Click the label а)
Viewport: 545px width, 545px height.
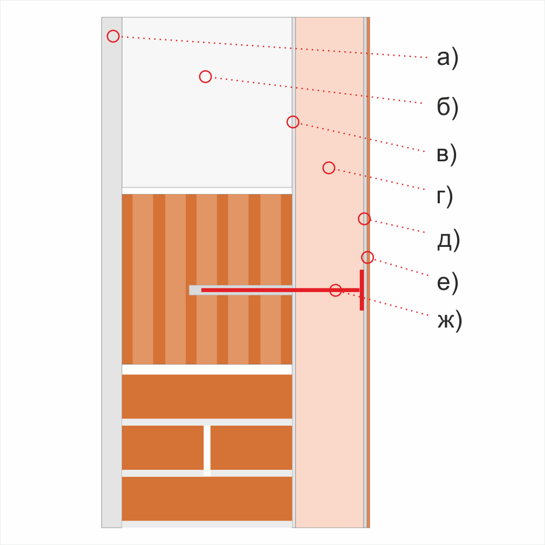tap(447, 58)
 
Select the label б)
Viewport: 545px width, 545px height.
tap(447, 107)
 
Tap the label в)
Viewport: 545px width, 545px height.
tap(447, 154)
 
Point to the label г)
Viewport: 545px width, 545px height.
tap(445, 196)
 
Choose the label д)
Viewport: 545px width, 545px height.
tap(449, 240)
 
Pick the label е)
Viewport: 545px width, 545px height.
tap(447, 282)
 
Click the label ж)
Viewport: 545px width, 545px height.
tap(450, 320)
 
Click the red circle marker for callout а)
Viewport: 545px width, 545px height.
tap(113, 36)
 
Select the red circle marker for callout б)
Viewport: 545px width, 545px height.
tap(205, 76)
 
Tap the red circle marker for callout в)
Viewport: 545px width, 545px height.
tap(293, 122)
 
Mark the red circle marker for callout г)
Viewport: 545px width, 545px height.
tap(329, 168)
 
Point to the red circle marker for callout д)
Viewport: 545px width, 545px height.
tap(364, 219)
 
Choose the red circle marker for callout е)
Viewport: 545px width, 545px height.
tap(367, 258)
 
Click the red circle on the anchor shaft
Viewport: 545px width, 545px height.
tap(335, 290)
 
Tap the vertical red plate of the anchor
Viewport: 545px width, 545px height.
tap(362, 290)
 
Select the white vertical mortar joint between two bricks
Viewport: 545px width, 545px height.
tap(207, 451)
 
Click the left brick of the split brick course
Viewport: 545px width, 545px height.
tap(162, 447)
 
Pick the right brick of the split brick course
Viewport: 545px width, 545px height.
tap(251, 447)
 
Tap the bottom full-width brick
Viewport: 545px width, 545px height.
tap(207, 499)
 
